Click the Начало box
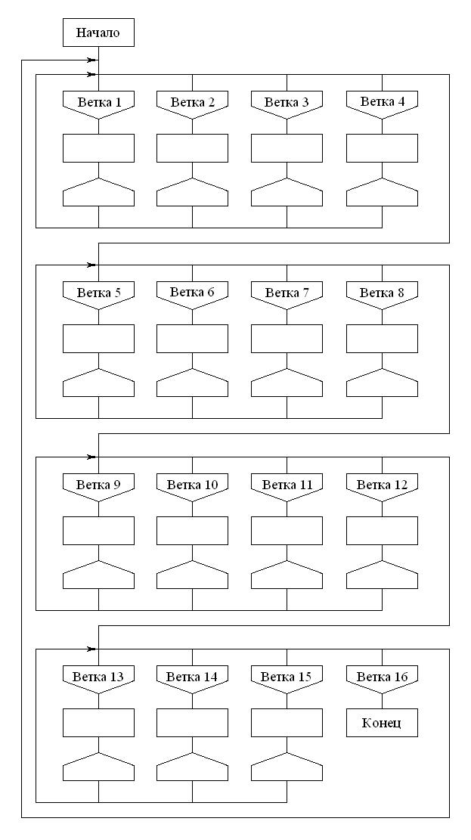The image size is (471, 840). tap(98, 33)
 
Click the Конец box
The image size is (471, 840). tap(382, 723)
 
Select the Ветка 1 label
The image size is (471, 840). tap(98, 102)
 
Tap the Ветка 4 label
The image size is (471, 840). tap(382, 102)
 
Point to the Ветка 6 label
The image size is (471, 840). tap(192, 293)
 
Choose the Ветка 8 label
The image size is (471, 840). tap(382, 293)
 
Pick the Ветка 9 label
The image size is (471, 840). tap(98, 485)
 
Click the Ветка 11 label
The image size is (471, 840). tap(287, 485)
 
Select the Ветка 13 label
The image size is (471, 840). tap(98, 677)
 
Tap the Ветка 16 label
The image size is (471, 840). tap(382, 677)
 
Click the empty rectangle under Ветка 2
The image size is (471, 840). tap(192, 148)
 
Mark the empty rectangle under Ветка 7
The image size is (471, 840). tap(287, 339)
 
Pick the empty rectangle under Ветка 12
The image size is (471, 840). tap(382, 531)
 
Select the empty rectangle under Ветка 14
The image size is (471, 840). tap(192, 723)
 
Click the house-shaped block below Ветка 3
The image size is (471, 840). tap(287, 194)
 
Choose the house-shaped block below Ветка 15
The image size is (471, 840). tap(287, 768)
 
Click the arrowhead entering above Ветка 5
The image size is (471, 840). tap(92, 265)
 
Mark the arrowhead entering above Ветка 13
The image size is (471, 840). tap(92, 649)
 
